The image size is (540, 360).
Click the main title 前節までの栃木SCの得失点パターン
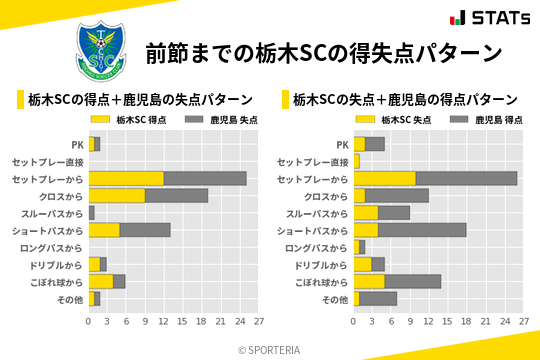(x=322, y=51)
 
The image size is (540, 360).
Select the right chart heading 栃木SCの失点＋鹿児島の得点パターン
(x=404, y=99)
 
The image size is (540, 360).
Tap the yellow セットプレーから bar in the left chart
(x=126, y=178)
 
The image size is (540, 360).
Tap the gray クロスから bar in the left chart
(x=176, y=195)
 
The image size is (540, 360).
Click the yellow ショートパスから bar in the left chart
(x=104, y=230)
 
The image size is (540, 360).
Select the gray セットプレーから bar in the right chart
(x=466, y=178)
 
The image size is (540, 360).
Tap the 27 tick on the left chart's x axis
(x=258, y=322)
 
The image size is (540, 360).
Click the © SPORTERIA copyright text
(x=269, y=349)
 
